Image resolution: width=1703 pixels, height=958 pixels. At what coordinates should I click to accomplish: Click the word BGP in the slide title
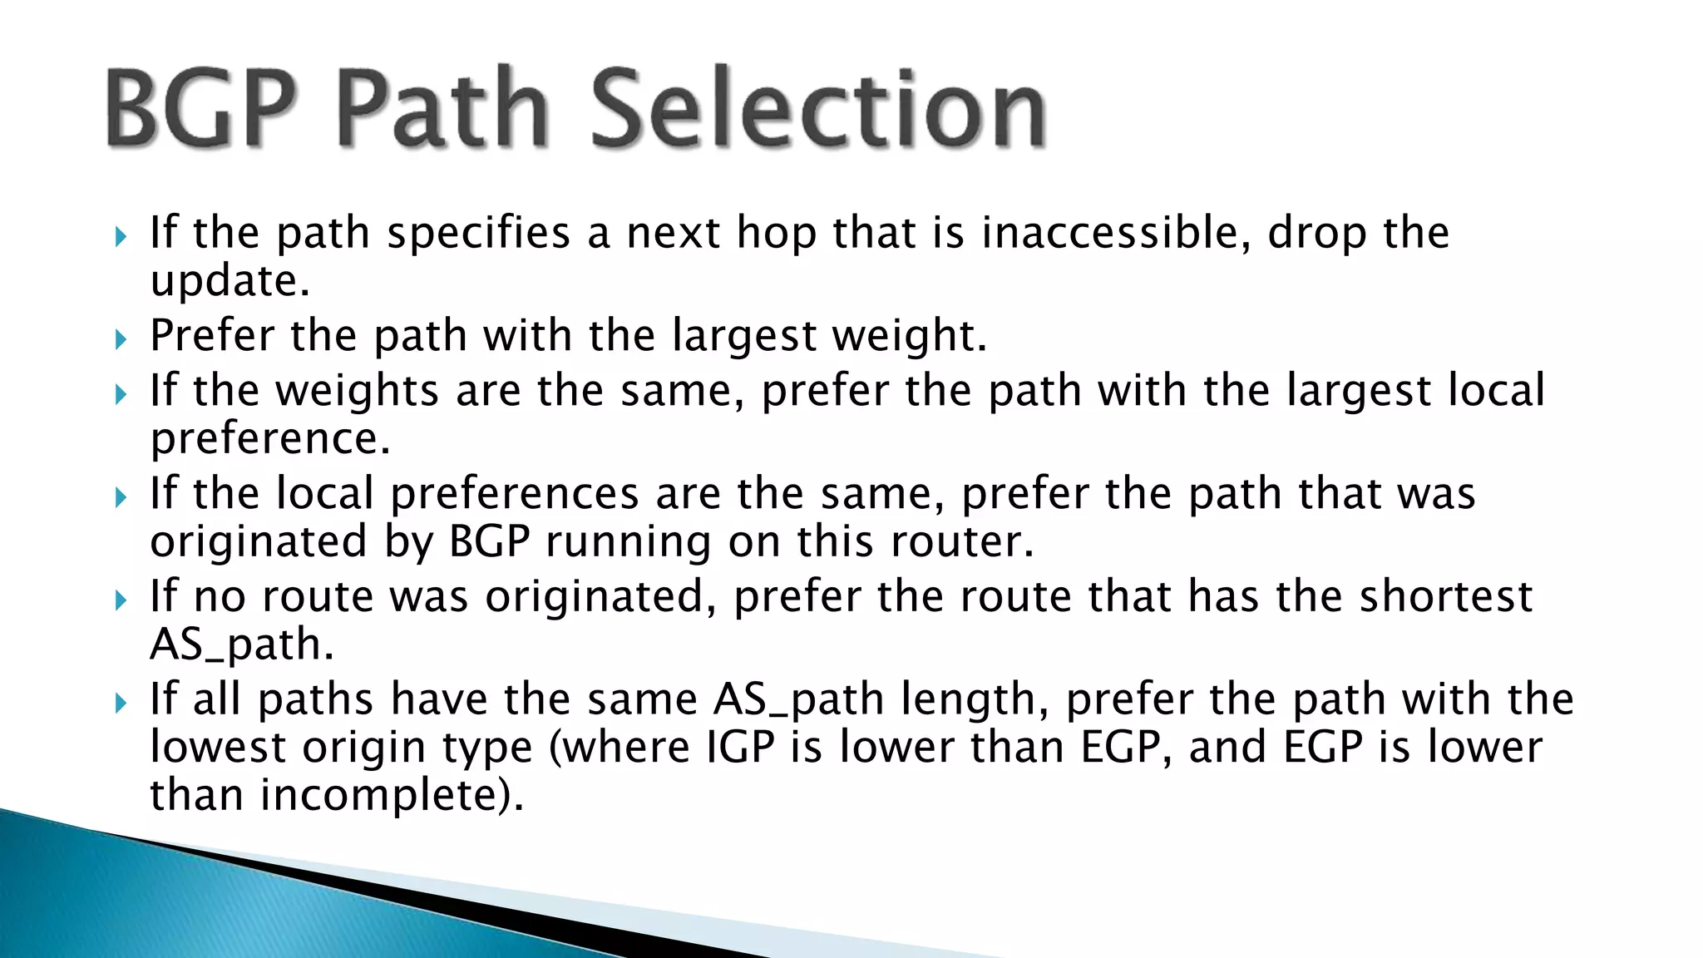(201, 108)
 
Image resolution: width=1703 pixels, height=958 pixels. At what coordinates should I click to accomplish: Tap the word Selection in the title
(818, 108)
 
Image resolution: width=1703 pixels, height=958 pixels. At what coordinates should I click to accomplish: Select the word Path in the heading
(442, 108)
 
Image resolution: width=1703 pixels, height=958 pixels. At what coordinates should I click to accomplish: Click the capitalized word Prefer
(212, 335)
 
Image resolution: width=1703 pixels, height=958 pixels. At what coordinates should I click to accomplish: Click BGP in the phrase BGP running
(490, 542)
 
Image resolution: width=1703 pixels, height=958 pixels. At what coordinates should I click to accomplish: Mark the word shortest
(1445, 596)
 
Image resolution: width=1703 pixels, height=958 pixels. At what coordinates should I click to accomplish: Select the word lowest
(218, 747)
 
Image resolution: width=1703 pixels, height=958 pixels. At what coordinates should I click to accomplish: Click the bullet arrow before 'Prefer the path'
(121, 338)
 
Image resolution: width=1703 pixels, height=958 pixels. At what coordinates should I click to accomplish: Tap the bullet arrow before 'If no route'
(121, 599)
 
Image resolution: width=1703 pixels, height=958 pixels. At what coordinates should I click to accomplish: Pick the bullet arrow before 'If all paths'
(121, 703)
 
